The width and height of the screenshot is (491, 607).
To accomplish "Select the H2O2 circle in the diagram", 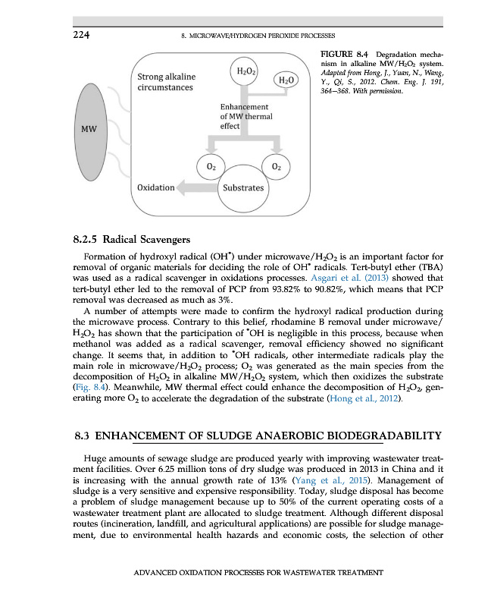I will tap(245, 71).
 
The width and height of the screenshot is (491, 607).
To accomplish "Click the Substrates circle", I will tap(242, 187).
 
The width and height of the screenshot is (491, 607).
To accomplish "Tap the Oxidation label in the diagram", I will tap(155, 187).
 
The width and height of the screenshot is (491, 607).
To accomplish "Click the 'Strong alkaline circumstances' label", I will tap(166, 82).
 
